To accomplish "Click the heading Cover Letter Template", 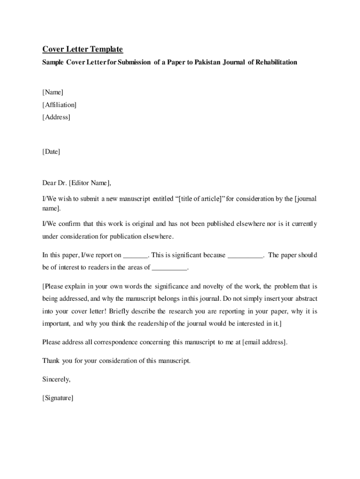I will point(83,49).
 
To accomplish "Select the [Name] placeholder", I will point(53,92).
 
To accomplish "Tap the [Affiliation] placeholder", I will point(59,105).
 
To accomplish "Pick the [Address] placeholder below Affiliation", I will point(56,117).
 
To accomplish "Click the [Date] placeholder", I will point(51,152).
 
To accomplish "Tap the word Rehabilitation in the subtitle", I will point(276,62).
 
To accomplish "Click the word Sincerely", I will point(57,379).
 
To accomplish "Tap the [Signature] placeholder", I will point(58,398).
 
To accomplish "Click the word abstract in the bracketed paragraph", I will point(304,299).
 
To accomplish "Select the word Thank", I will point(51,361).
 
